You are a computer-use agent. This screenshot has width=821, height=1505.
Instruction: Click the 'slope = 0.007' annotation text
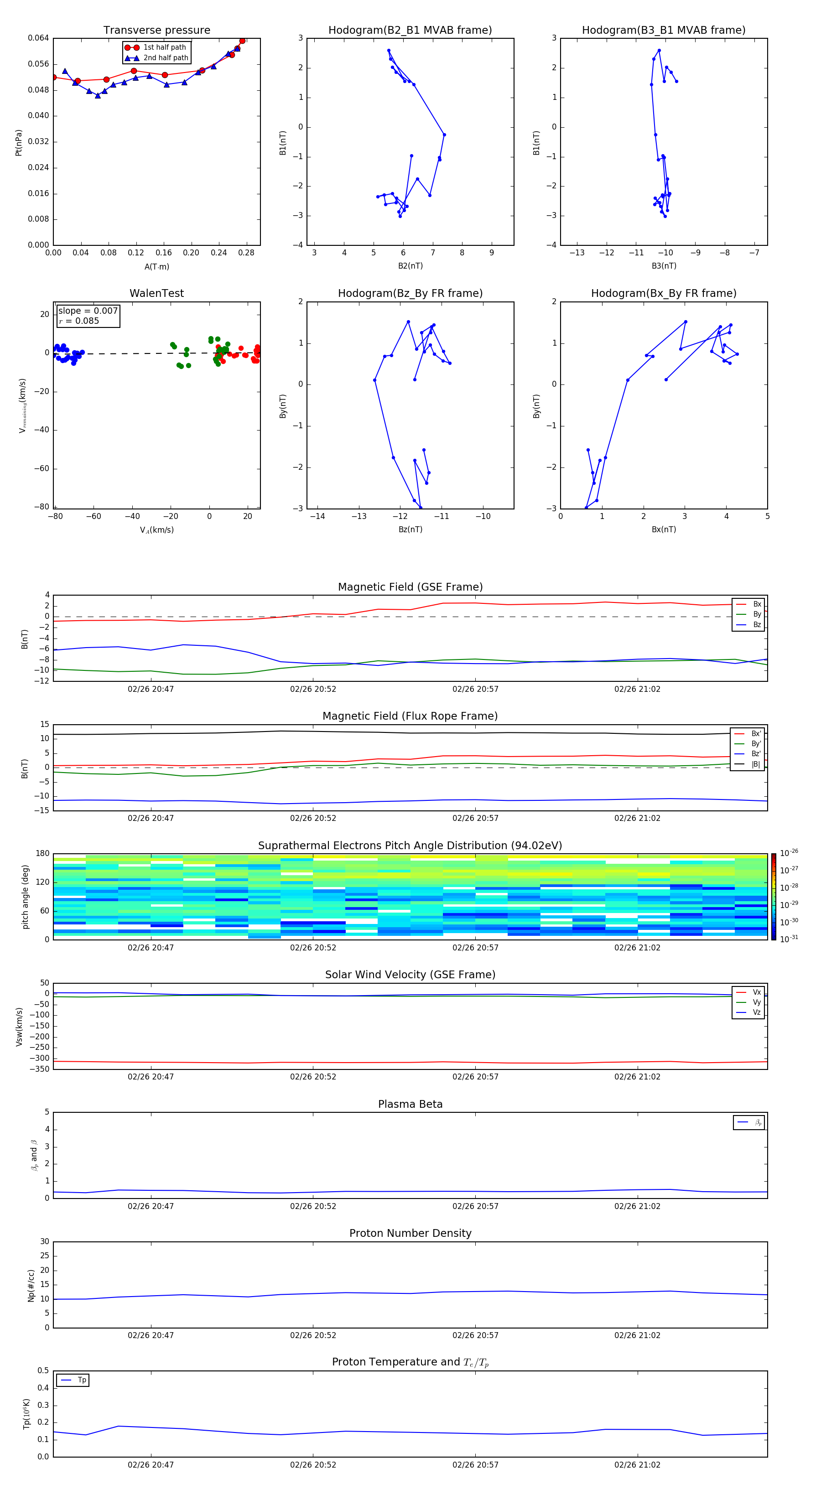coord(88,311)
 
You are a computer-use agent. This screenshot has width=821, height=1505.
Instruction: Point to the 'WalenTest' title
coord(156,293)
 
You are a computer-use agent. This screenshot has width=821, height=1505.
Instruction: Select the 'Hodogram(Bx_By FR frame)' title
coord(663,293)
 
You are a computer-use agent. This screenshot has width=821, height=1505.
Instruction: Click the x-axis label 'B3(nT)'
coord(664,266)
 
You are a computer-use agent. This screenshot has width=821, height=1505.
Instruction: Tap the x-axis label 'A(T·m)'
coord(156,267)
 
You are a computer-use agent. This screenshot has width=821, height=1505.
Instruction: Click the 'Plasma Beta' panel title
coord(410,1104)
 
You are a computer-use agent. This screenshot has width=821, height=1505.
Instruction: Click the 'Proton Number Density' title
coord(410,1233)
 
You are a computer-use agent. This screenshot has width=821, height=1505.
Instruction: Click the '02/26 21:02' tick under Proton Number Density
coord(637,1335)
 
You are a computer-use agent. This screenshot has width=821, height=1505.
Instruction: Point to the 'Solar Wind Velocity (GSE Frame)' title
coord(410,975)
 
